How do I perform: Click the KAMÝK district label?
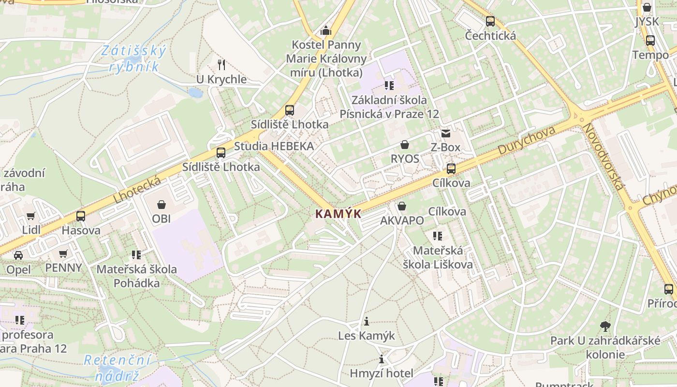click(x=338, y=213)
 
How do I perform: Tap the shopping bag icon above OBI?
click(x=162, y=205)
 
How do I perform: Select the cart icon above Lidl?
click(x=31, y=216)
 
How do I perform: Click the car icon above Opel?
click(x=18, y=255)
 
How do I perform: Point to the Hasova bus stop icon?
click(x=81, y=216)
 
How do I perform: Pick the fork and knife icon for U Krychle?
click(x=221, y=65)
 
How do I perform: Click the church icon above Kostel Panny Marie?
click(x=326, y=31)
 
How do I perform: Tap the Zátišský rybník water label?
click(x=134, y=58)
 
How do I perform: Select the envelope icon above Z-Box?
click(x=445, y=133)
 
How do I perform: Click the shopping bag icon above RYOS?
click(x=405, y=145)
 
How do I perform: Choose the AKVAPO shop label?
click(x=402, y=221)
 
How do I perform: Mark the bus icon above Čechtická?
click(x=490, y=21)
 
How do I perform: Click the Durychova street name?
click(x=526, y=141)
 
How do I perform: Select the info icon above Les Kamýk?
click(x=367, y=321)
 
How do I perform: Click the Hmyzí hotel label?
click(x=382, y=373)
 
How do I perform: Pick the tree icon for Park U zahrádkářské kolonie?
click(x=604, y=327)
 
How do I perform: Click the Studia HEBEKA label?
click(x=274, y=146)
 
